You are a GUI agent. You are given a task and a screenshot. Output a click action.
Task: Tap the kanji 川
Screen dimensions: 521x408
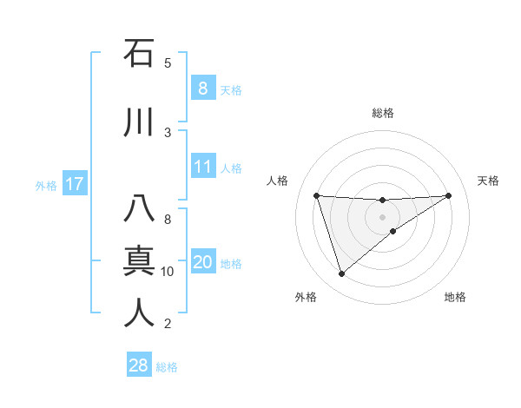[x=139, y=122]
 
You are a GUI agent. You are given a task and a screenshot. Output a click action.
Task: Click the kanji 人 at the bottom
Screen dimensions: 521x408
[x=139, y=313]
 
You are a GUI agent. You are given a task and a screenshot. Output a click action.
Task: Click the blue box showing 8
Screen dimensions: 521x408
[x=202, y=89]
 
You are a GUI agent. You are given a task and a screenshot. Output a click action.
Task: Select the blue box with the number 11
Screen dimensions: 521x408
[x=202, y=168]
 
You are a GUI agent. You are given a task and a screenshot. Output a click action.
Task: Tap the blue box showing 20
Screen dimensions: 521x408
[x=202, y=263]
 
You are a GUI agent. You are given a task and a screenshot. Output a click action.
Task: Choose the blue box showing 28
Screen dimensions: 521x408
[x=139, y=365]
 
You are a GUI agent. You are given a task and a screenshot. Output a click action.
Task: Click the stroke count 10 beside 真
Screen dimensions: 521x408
[x=168, y=272]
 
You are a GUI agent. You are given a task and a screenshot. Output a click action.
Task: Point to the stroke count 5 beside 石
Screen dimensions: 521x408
[x=168, y=63]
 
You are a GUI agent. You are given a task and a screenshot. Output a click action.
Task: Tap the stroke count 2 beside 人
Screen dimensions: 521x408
[x=168, y=324]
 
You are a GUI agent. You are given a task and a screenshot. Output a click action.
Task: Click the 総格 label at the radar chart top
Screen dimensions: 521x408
[x=383, y=113]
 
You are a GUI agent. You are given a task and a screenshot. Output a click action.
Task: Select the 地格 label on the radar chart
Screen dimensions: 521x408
[x=455, y=297]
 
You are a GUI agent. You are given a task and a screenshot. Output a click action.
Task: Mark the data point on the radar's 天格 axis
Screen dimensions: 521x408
[x=448, y=195]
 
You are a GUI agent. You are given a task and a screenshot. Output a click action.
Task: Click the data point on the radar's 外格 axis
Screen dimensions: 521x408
[x=341, y=274]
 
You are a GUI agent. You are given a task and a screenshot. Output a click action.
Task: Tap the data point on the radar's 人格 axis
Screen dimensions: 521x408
[x=317, y=195]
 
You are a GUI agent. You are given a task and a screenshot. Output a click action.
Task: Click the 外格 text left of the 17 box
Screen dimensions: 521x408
[x=45, y=185]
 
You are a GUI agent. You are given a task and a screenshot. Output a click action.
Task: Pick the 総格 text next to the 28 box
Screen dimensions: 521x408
[x=167, y=367]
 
